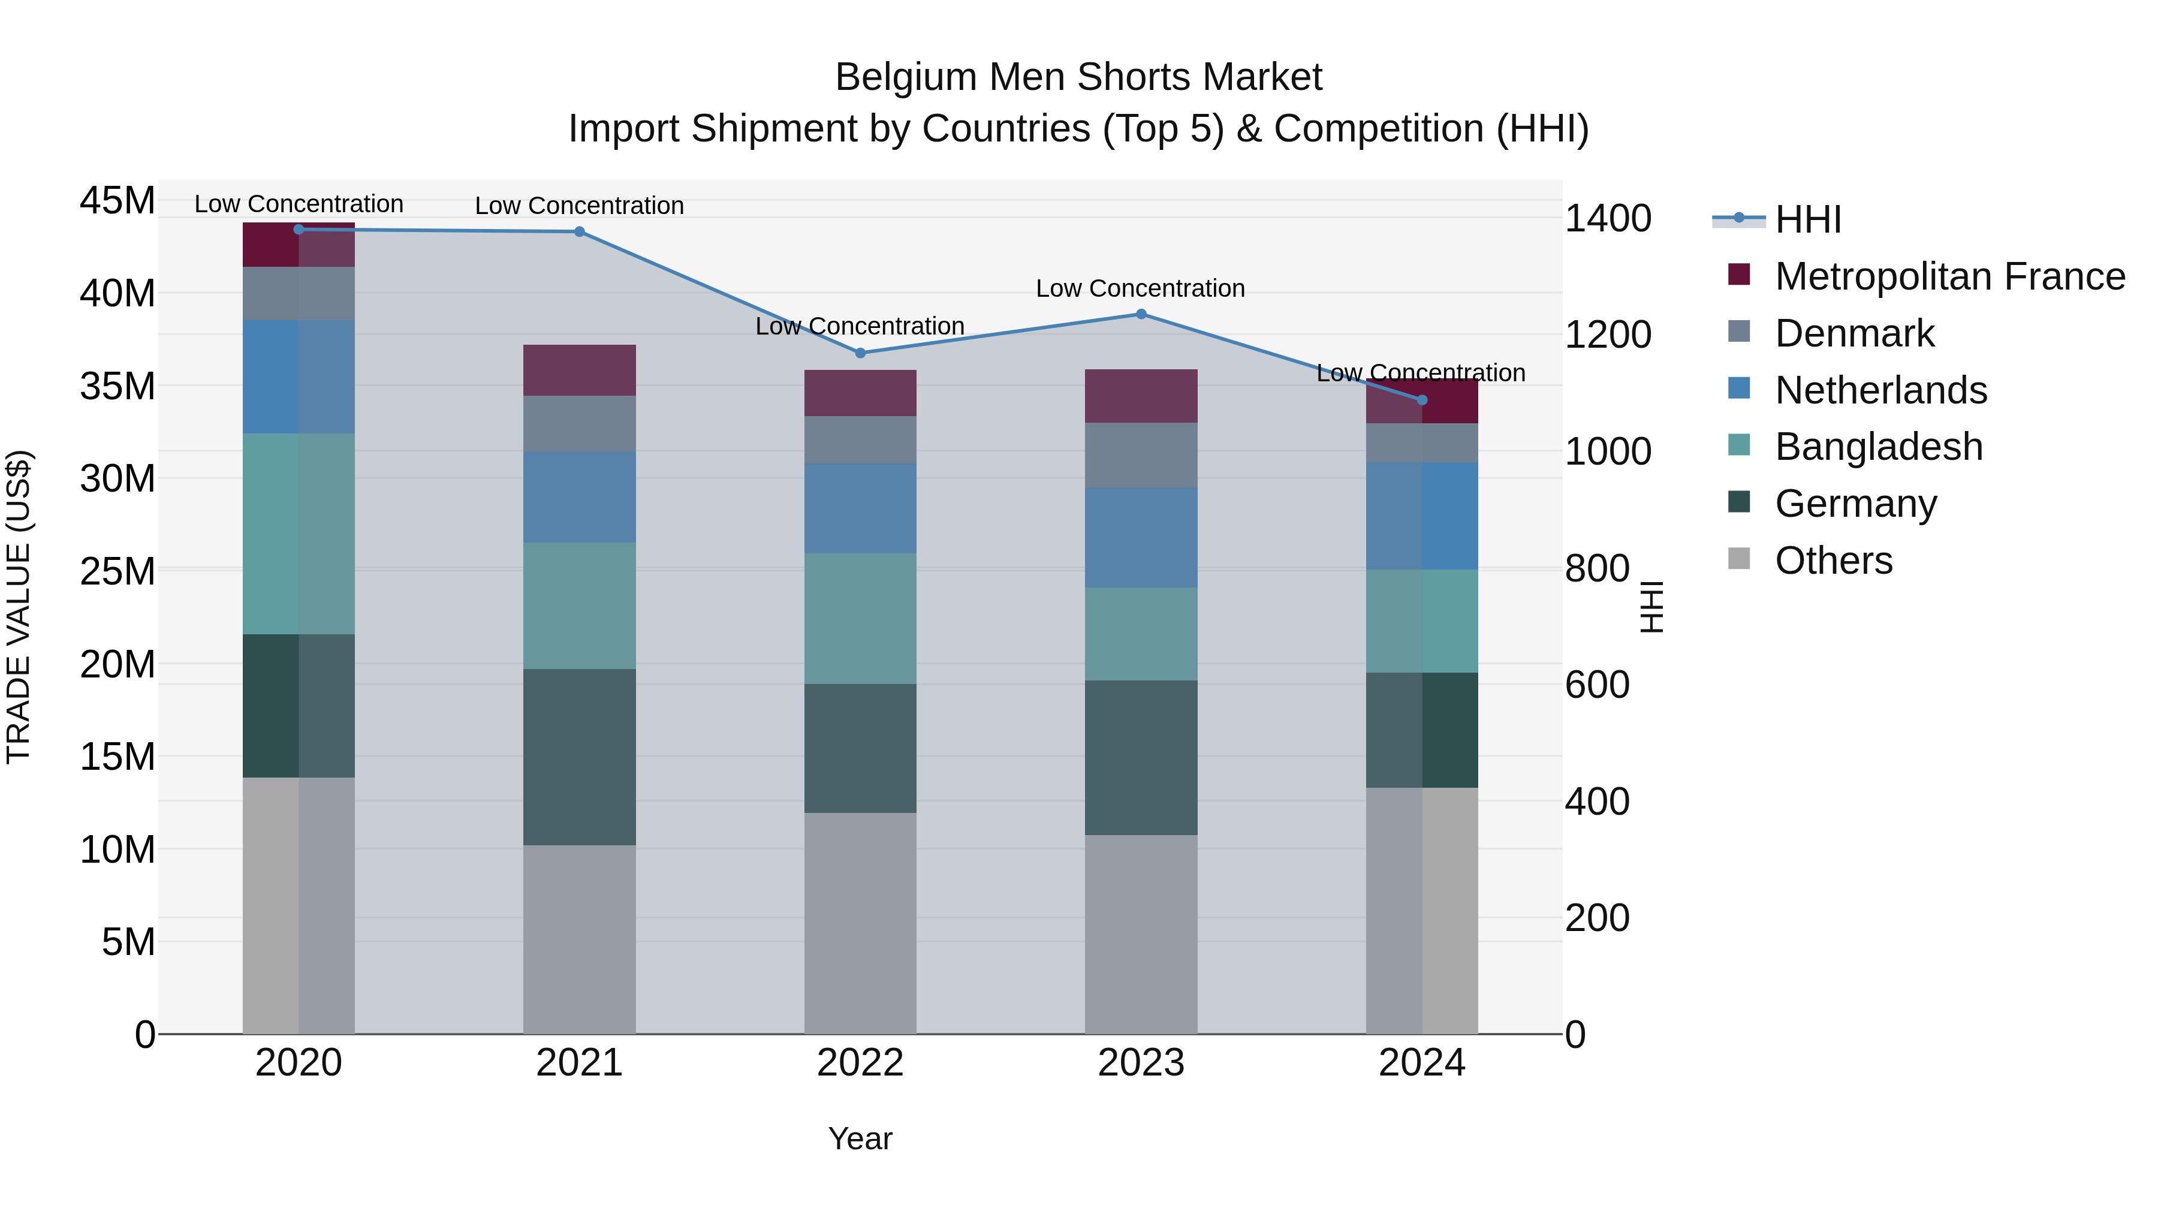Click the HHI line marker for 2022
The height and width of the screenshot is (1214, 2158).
(x=860, y=353)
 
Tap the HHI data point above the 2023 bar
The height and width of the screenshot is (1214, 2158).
(x=1140, y=314)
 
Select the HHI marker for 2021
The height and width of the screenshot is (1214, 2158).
(x=579, y=231)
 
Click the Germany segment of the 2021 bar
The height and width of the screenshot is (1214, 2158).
(x=579, y=756)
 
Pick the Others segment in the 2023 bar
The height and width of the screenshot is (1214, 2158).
(x=1140, y=933)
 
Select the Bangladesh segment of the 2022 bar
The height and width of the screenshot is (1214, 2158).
(x=860, y=617)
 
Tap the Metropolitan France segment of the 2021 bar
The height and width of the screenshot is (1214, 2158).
(x=579, y=369)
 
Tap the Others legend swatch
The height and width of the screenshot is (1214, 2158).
(x=1739, y=559)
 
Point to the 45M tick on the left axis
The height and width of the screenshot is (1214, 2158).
(x=117, y=201)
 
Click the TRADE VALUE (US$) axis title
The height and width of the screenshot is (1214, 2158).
(x=19, y=607)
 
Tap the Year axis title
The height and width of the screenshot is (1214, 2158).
(x=860, y=1138)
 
